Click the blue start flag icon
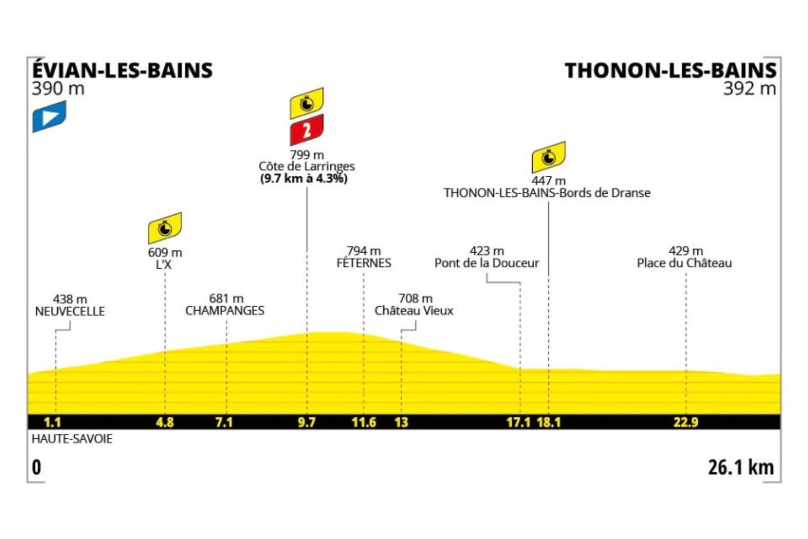(x=49, y=116)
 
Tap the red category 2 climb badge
(x=306, y=130)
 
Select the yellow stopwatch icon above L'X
(x=165, y=228)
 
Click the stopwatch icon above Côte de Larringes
(x=306, y=103)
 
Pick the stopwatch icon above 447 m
(x=548, y=157)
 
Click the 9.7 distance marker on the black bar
(x=306, y=422)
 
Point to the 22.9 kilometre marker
(x=686, y=422)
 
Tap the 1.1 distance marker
(x=53, y=422)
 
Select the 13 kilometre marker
(x=401, y=422)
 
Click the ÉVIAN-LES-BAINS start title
(x=122, y=70)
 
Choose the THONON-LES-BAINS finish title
(x=670, y=70)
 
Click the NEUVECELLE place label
(x=70, y=312)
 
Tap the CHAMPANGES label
(x=225, y=311)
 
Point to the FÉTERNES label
(x=364, y=263)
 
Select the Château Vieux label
(x=414, y=311)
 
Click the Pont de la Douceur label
(x=486, y=263)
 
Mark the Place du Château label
(x=684, y=263)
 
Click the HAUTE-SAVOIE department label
(x=72, y=439)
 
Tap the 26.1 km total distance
(x=741, y=467)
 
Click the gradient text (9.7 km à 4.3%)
(x=304, y=179)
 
